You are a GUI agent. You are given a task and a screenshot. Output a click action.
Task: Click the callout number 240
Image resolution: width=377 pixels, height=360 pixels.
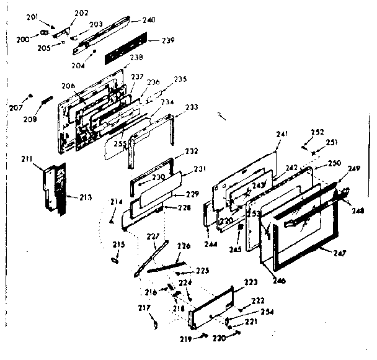point(148,20)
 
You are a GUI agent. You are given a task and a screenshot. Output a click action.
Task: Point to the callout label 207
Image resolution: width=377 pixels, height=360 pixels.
point(16,108)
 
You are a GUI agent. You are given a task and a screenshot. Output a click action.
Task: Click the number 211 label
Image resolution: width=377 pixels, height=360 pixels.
point(27,161)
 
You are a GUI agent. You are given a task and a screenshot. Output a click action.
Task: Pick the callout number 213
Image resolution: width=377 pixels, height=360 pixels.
point(85,198)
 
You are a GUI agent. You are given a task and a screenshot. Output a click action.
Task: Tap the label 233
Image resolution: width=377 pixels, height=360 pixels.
point(192,107)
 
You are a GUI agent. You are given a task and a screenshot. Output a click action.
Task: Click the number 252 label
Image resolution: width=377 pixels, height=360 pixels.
point(317,132)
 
